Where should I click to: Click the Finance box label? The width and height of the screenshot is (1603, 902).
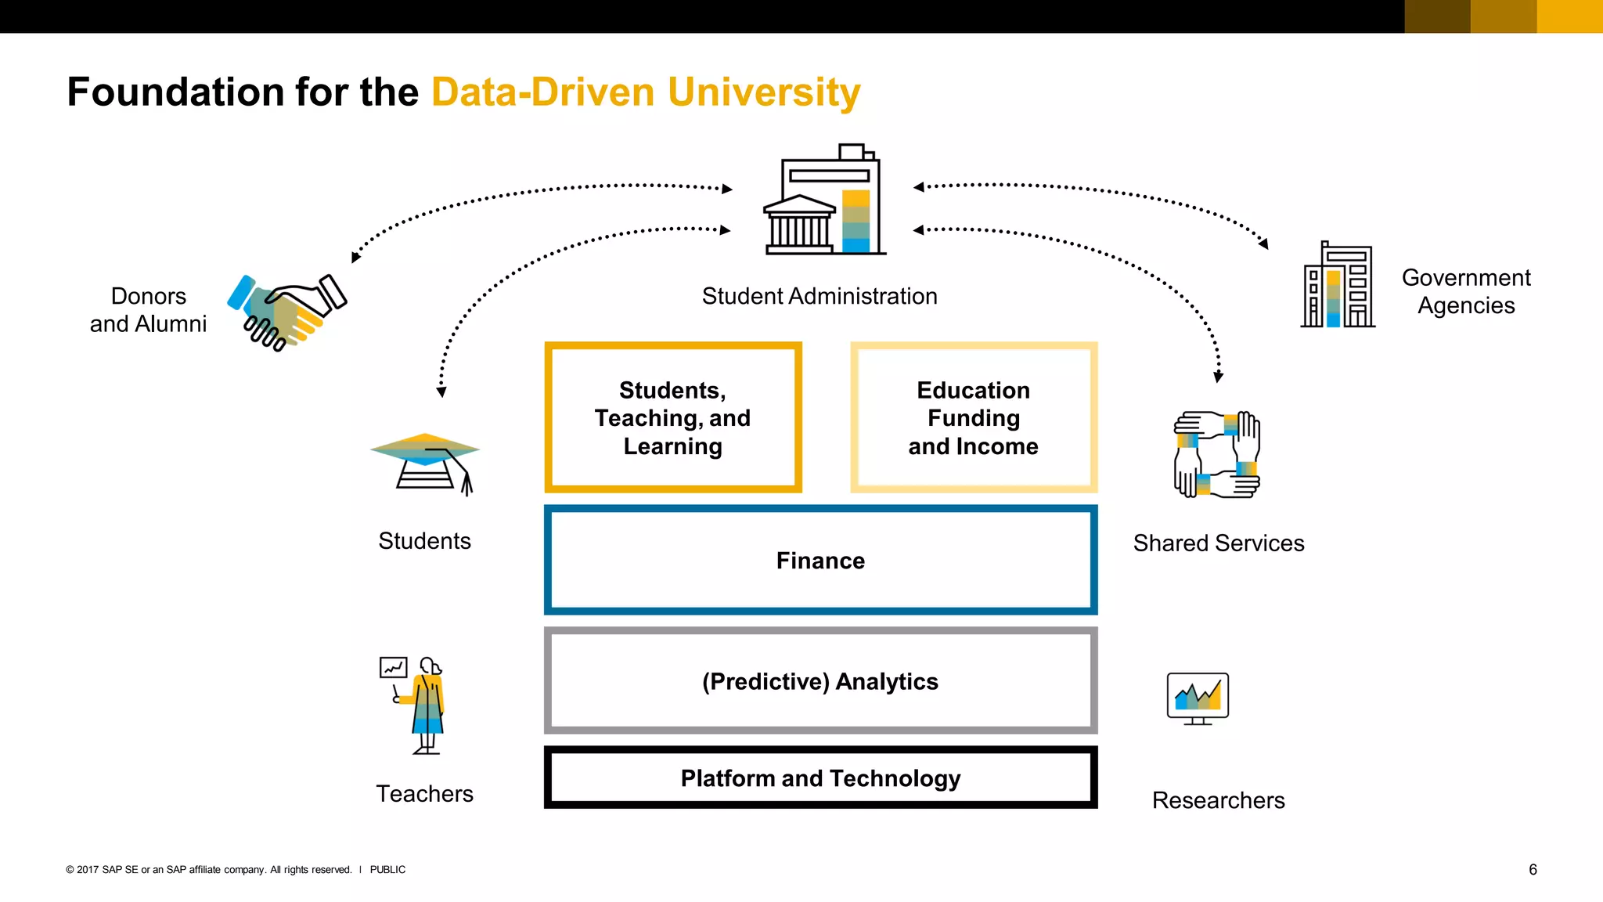coord(820,561)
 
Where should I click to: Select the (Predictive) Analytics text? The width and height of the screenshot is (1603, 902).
coord(820,681)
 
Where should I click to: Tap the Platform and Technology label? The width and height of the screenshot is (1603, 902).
coord(820,778)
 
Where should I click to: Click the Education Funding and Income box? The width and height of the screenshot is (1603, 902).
coord(974,418)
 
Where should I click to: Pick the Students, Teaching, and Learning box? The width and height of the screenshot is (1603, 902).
coord(672,418)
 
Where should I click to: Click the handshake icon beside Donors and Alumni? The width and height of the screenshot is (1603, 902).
coord(286,312)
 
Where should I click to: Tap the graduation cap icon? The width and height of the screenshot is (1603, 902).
coord(425,463)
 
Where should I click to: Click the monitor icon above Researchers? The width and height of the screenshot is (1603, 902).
coord(1198,698)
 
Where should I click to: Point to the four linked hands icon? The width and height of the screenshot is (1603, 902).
coord(1216,454)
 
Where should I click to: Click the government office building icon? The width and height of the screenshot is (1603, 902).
coord(1338,286)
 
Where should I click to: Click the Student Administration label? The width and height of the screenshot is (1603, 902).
coord(820,296)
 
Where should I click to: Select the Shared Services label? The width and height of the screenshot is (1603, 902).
coord(1219,543)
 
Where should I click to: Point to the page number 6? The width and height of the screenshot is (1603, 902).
coord(1533,869)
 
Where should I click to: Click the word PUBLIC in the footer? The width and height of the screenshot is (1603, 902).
coord(387,869)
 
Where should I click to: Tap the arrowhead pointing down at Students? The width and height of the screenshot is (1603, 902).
coord(441,392)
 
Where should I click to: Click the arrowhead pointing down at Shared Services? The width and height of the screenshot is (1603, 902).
coord(1218,377)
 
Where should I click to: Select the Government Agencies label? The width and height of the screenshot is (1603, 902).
coord(1465,291)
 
